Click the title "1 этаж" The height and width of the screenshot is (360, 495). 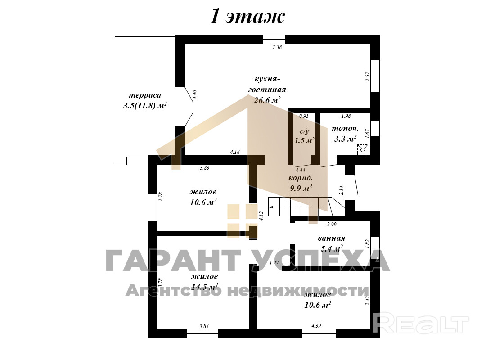(247, 16)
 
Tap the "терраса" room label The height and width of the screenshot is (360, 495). (145, 95)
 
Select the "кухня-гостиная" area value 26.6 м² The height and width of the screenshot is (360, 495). (267, 100)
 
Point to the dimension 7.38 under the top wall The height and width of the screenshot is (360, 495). (277, 47)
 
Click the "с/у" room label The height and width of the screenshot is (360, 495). (304, 131)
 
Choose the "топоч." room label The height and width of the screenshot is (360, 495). (345, 129)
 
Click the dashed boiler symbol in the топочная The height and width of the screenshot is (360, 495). (363, 149)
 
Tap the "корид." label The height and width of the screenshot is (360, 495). (300, 178)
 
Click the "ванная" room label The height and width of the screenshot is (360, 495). (332, 238)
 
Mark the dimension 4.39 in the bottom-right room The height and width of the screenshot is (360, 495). (316, 326)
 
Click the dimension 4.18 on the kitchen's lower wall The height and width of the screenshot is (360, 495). (234, 152)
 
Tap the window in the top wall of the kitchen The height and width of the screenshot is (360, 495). (274, 39)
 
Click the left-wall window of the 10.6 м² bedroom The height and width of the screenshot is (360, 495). (153, 208)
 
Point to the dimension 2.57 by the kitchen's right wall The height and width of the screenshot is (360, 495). (367, 77)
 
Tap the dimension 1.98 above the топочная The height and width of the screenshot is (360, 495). (346, 116)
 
